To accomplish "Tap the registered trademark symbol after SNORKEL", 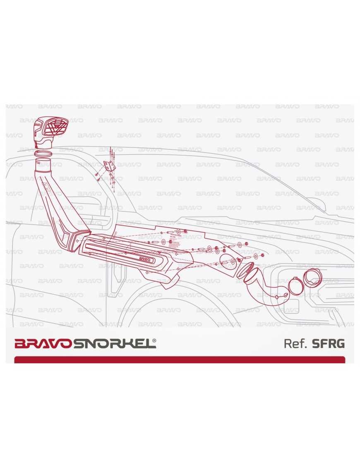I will point(154,341).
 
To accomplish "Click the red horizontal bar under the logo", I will point(180,360).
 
